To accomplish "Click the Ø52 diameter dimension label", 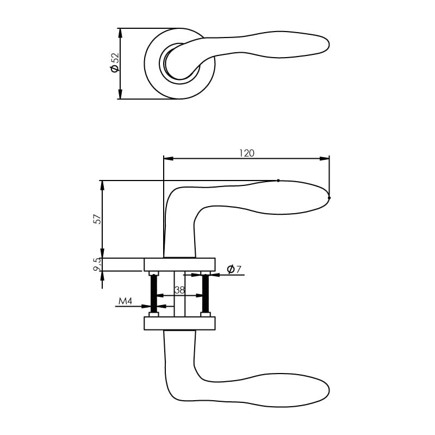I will (114, 63).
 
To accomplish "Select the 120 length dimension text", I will (246, 153).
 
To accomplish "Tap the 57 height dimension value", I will (97, 219).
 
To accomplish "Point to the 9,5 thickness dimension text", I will (97, 265).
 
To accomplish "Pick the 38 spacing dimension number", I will (179, 290).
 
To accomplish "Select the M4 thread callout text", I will (126, 301).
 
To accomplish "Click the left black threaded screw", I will (153, 294).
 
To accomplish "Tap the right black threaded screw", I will (206, 294).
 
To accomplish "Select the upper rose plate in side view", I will (179, 264).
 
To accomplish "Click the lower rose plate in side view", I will (179, 324).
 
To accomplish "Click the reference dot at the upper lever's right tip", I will (330, 197).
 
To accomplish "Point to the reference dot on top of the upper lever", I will (278, 180).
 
